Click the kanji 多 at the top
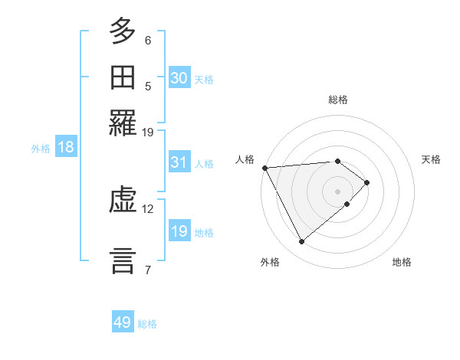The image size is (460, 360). [123, 31]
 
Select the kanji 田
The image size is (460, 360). [123, 77]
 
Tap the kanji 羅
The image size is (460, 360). [123, 123]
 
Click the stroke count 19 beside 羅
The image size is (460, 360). [148, 133]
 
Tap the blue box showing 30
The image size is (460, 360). [179, 78]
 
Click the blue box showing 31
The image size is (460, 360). [179, 163]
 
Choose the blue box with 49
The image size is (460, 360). [123, 322]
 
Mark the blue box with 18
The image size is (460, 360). [66, 148]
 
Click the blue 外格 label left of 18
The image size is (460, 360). [41, 149]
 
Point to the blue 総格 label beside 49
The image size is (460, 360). [147, 324]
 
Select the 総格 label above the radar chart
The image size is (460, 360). [337, 100]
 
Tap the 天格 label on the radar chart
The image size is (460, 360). [431, 159]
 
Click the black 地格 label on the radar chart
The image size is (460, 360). [402, 262]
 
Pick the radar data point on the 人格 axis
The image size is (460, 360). [264, 167]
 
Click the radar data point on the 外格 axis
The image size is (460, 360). [301, 242]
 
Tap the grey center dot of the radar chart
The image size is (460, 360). [337, 191]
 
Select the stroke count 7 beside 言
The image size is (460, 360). [148, 269]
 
